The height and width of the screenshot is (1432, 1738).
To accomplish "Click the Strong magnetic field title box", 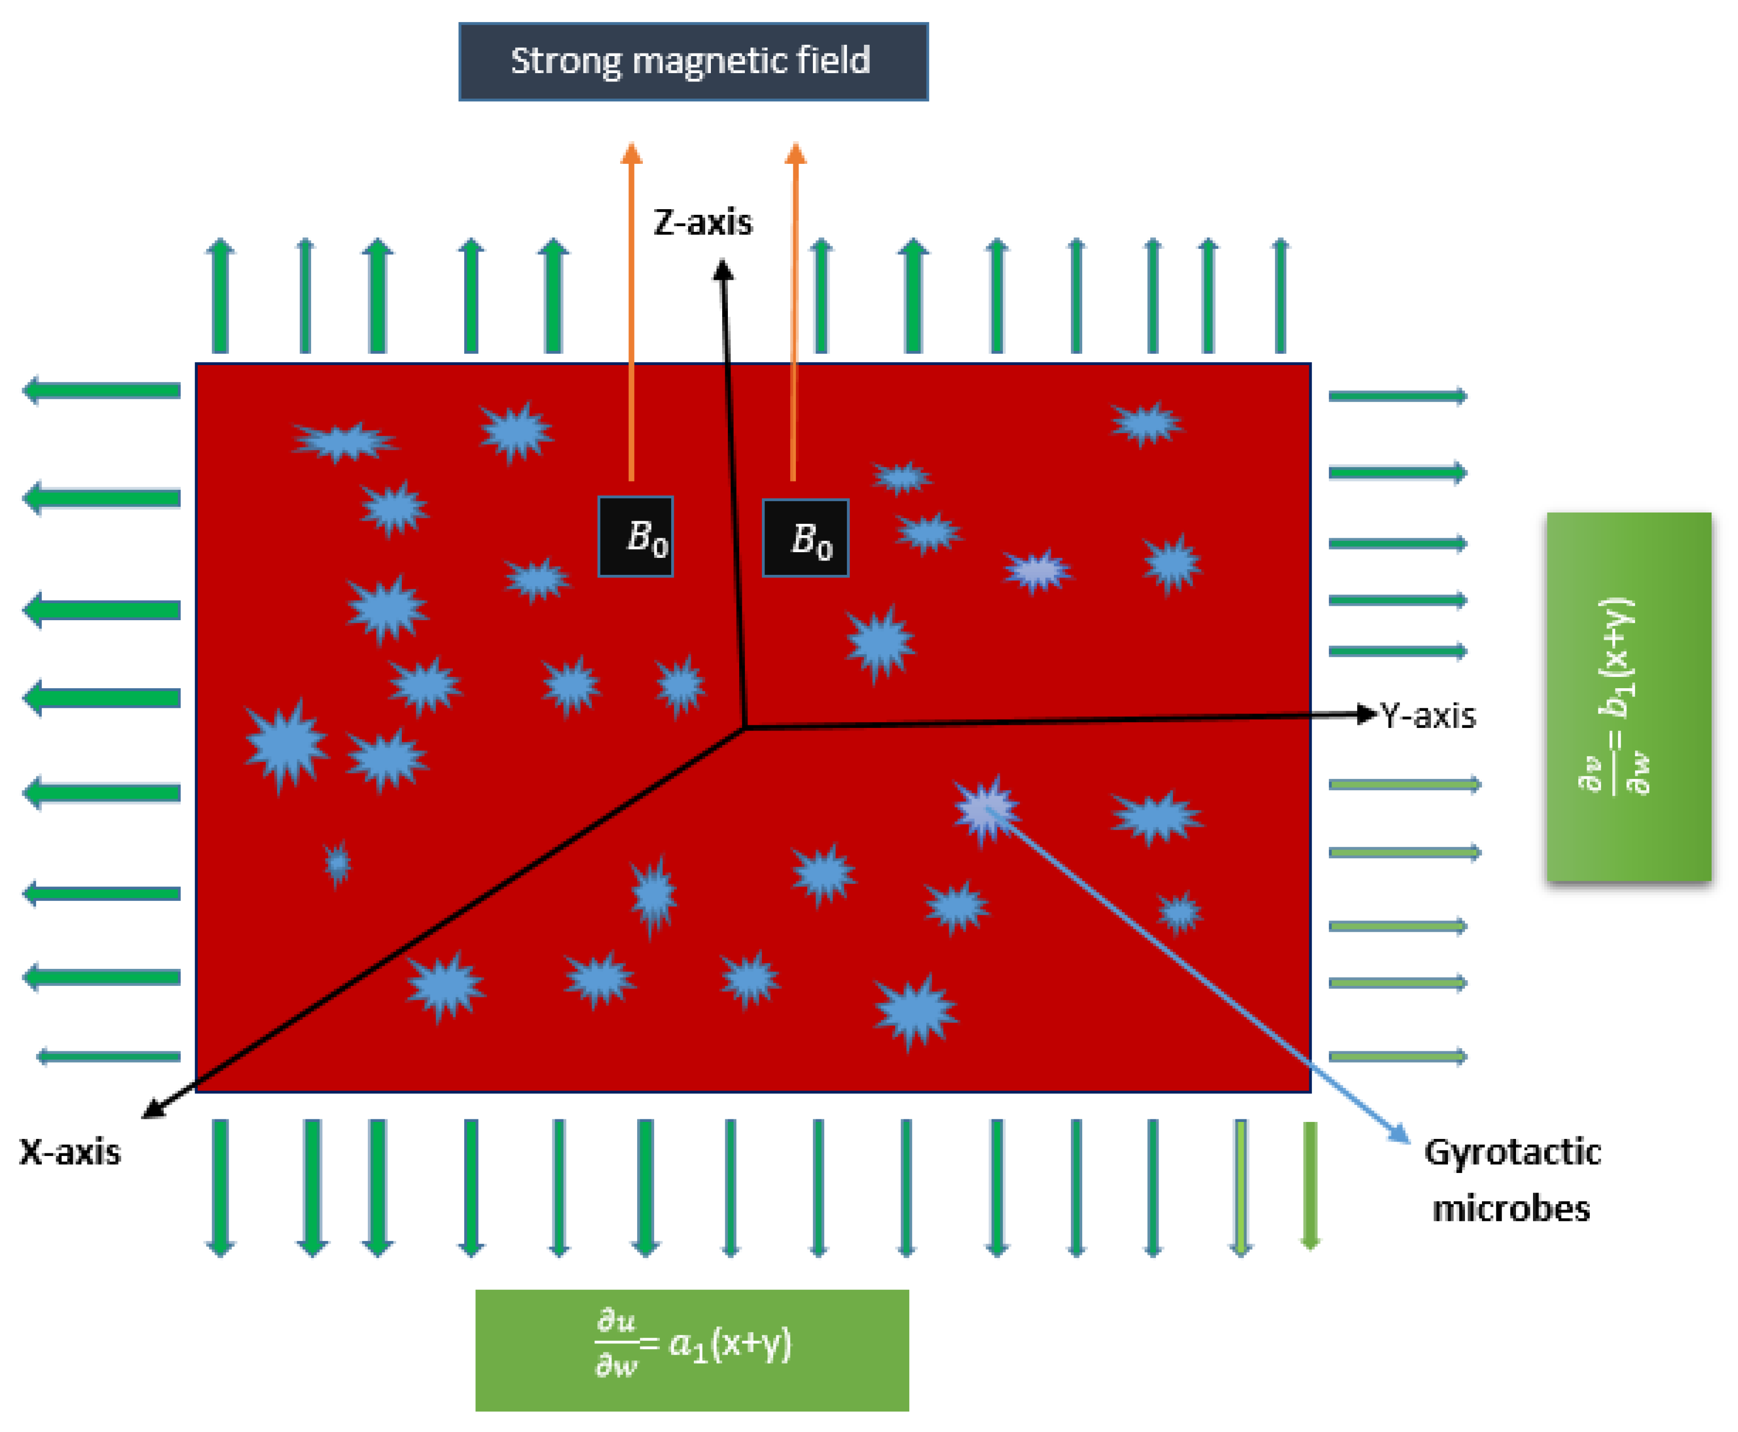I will (x=693, y=62).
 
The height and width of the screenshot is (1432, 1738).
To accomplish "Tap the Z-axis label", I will (x=703, y=223).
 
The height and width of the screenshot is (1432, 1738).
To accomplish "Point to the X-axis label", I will (x=70, y=1152).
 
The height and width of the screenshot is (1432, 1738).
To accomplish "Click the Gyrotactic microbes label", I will (x=1512, y=1180).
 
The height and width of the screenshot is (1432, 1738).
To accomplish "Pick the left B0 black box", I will (x=635, y=537).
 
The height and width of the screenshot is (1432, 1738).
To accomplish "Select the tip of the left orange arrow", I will (x=631, y=151).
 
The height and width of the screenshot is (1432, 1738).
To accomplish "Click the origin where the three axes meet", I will (x=745, y=727).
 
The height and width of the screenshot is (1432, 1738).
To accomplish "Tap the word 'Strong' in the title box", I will (x=565, y=62).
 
